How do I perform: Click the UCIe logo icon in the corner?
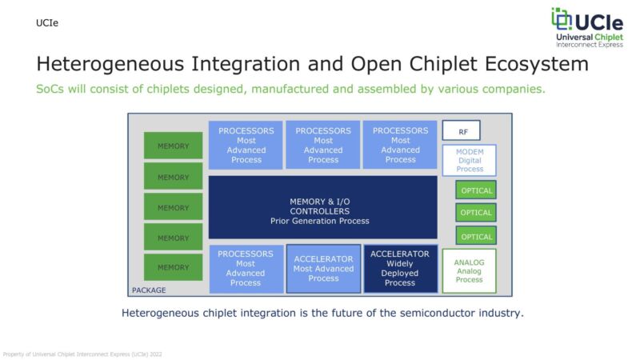point(562,20)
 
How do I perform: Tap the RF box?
point(462,131)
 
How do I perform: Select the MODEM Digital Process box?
point(470,160)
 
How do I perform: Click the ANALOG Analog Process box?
point(470,271)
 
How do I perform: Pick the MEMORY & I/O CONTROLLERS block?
point(323,207)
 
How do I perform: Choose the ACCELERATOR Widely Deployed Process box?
point(400,269)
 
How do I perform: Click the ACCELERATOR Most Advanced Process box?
point(323,269)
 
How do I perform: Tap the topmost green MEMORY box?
point(173,146)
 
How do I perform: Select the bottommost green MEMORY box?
point(173,267)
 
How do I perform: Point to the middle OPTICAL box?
point(476,213)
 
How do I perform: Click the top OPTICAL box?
point(476,190)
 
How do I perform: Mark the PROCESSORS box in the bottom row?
point(246,269)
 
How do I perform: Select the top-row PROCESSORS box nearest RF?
point(400,145)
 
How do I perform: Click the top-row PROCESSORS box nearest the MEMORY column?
point(246,145)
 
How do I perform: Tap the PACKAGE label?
point(150,290)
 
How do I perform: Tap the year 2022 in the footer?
point(156,353)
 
